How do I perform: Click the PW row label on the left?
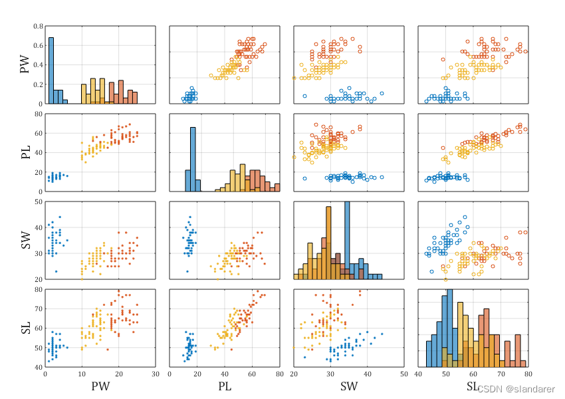[25, 65]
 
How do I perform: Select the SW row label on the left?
[25, 240]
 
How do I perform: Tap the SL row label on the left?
[25, 328]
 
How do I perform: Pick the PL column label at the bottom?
[224, 386]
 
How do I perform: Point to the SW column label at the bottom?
[348, 386]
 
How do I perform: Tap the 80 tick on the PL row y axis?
[39, 114]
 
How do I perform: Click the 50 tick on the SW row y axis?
[39, 202]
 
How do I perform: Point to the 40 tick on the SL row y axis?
[39, 367]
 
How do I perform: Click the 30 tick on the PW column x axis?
[156, 374]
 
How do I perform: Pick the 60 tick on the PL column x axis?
[252, 374]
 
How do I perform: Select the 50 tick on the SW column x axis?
[403, 374]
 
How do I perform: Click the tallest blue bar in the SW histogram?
[346, 239]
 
